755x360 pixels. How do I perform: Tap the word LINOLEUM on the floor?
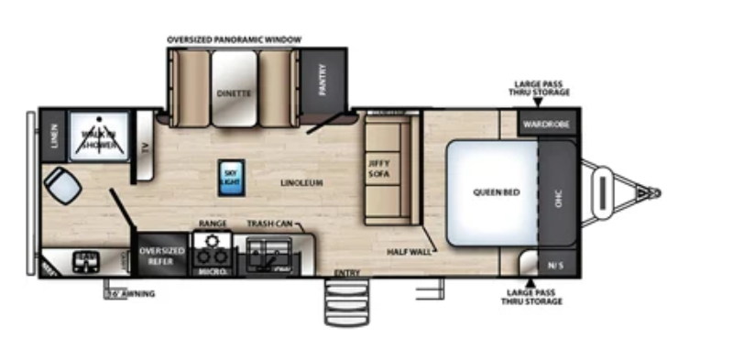tap(302, 183)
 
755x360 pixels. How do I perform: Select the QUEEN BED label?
tap(491, 192)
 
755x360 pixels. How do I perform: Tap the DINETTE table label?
tap(235, 93)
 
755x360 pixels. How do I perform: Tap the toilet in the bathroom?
tap(63, 186)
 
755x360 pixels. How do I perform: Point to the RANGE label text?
tap(213, 224)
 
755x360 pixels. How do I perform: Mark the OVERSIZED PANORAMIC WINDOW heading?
tap(234, 40)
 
